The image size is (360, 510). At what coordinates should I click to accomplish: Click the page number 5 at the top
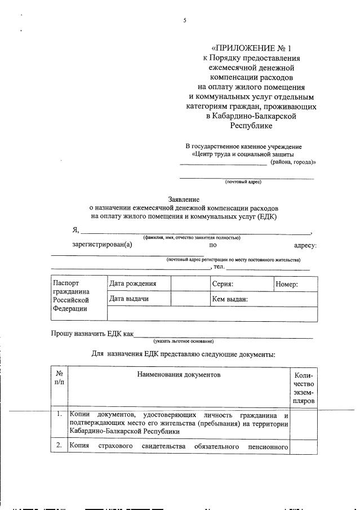tap(184, 21)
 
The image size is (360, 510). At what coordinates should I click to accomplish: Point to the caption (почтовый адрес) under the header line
tap(243, 181)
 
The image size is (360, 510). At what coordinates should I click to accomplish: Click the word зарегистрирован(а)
tap(102, 245)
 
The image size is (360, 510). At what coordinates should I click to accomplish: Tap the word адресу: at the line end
tap(305, 245)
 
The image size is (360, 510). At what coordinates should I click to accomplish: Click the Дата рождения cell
tap(132, 284)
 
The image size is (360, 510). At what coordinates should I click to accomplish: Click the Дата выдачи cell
tap(129, 299)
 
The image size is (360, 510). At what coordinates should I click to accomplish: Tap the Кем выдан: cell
tap(229, 299)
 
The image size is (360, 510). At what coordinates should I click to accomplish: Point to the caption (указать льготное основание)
tap(183, 341)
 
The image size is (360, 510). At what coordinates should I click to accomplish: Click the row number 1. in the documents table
tap(59, 414)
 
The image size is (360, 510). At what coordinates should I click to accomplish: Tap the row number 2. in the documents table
tap(59, 446)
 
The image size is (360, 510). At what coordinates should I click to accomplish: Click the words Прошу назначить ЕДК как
tap(92, 334)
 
